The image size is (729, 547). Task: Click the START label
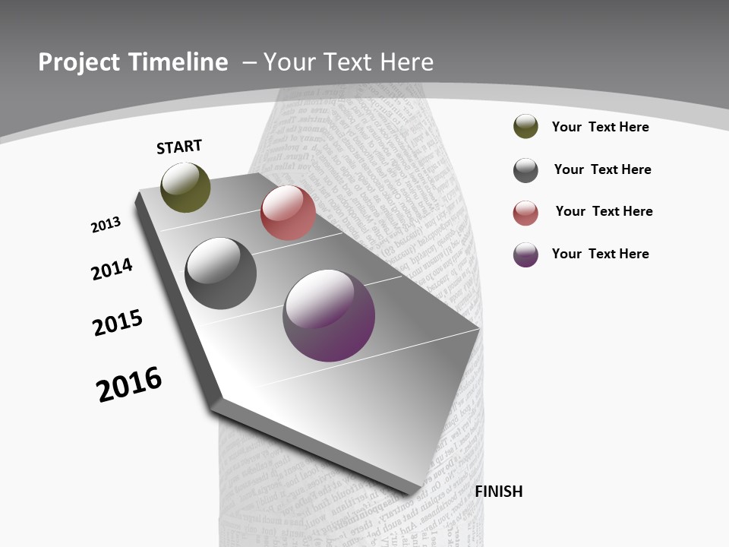(179, 147)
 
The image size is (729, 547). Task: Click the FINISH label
(499, 492)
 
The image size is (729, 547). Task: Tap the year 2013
(106, 225)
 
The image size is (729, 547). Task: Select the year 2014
(112, 269)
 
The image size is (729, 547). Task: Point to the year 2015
(118, 323)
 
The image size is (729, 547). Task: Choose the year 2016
(129, 384)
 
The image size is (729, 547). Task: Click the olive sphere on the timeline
(186, 188)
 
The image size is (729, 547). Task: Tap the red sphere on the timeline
(288, 213)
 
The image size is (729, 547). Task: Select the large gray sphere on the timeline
(221, 273)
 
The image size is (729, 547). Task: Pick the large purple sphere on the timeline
(329, 315)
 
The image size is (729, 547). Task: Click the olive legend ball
(525, 127)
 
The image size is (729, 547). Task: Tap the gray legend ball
(525, 170)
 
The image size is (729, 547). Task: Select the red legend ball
(525, 213)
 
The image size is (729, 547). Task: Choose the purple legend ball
(525, 255)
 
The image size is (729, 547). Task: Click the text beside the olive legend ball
(600, 127)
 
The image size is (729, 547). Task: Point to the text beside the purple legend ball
(600, 254)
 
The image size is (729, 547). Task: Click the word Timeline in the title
(180, 62)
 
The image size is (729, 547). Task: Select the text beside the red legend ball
(604, 211)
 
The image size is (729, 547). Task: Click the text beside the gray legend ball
(602, 169)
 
